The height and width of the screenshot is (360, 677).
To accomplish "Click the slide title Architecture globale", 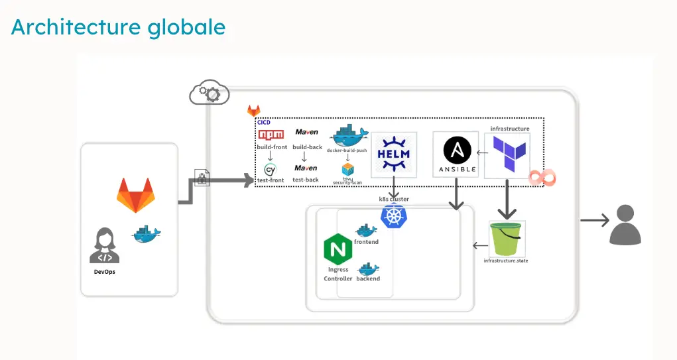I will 118,27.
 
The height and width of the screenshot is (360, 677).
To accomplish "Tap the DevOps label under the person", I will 105,272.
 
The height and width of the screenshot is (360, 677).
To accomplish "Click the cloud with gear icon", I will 208,94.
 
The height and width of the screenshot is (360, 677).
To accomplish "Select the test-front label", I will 271,180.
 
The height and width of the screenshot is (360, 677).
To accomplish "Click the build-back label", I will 306,147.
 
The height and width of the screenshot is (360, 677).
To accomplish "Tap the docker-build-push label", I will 347,150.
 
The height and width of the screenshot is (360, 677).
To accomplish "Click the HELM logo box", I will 393,154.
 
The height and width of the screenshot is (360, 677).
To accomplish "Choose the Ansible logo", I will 456,154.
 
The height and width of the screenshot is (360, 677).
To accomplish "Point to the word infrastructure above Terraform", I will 510,129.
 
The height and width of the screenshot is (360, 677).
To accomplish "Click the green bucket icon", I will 507,239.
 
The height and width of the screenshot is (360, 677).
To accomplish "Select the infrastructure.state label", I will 506,261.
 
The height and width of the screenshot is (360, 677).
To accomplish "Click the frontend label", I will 366,242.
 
